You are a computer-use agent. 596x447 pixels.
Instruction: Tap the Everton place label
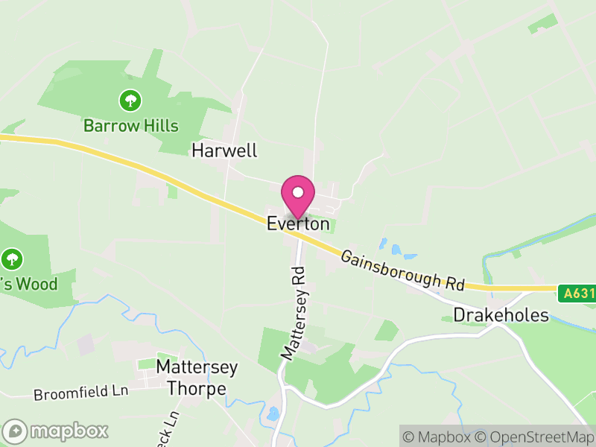pyautogui.click(x=298, y=223)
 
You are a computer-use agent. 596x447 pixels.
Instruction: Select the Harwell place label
pyautogui.click(x=224, y=150)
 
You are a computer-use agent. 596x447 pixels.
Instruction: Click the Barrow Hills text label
pyautogui.click(x=131, y=125)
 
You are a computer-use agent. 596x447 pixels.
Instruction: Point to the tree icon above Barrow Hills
pyautogui.click(x=131, y=99)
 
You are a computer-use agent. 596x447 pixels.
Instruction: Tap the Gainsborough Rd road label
pyautogui.click(x=402, y=270)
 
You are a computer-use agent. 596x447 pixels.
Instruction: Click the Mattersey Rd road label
pyautogui.click(x=295, y=313)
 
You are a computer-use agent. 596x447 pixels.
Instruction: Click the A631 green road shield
pyautogui.click(x=578, y=294)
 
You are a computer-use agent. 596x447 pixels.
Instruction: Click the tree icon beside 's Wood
pyautogui.click(x=11, y=259)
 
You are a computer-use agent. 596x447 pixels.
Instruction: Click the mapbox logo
pyautogui.click(x=57, y=431)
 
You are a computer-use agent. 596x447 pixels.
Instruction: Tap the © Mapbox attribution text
pyautogui.click(x=437, y=437)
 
